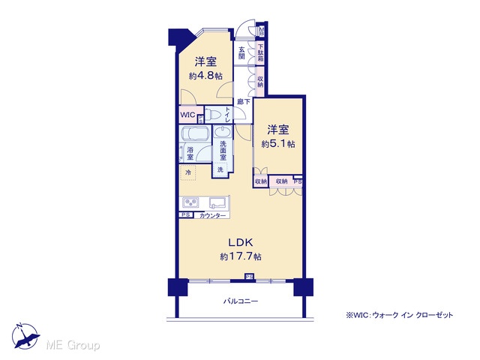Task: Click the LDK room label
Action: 241,243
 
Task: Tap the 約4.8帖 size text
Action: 205,76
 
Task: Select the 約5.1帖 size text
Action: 278,143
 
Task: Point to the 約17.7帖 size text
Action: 241,256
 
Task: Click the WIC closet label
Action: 187,115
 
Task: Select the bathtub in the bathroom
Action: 195,133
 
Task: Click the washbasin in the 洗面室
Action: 223,133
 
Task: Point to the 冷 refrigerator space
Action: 188,172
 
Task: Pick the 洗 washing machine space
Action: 220,169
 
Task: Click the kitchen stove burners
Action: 190,202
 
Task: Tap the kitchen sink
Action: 217,202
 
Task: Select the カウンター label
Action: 212,216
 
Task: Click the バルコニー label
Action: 241,301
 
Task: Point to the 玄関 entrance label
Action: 241,52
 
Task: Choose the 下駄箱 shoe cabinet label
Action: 260,53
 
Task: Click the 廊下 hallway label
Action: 244,101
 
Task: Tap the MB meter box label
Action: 262,31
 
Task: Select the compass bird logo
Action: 25,336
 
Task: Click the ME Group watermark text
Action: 73,345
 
